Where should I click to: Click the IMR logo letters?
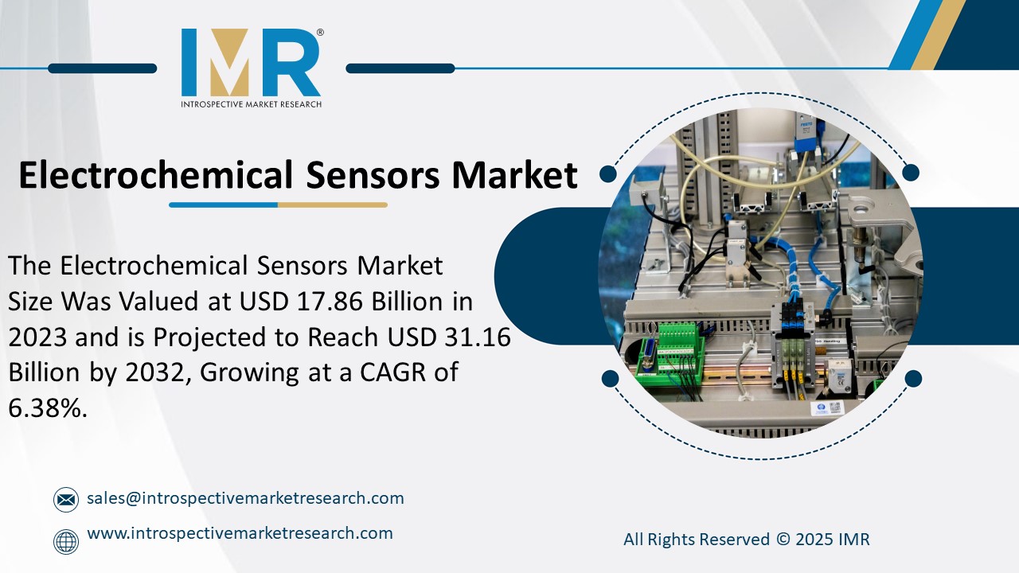pyautogui.click(x=251, y=63)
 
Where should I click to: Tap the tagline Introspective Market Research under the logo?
pyautogui.click(x=251, y=104)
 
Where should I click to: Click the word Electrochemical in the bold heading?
pyautogui.click(x=156, y=175)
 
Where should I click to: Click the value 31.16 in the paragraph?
pyautogui.click(x=475, y=337)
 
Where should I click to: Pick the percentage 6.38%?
pyautogui.click(x=46, y=408)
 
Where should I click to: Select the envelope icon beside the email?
pyautogui.click(x=66, y=500)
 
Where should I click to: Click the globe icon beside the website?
pyautogui.click(x=66, y=542)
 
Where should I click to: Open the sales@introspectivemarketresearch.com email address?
pyautogui.click(x=245, y=498)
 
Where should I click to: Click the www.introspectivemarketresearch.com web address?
pyautogui.click(x=240, y=533)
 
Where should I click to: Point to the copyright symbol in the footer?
pyautogui.click(x=783, y=540)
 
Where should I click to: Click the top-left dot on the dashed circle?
pyautogui.click(x=608, y=173)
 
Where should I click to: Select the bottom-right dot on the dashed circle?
pyautogui.click(x=913, y=379)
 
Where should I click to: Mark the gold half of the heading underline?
pyautogui.click(x=332, y=205)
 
